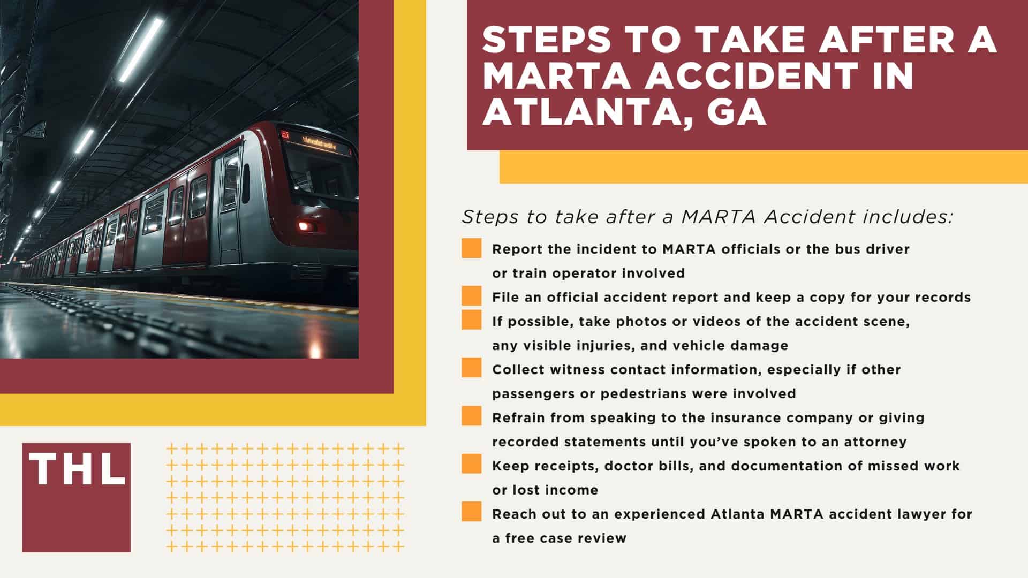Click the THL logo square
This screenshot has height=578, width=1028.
pyautogui.click(x=76, y=497)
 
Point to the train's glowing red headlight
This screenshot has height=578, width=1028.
pyautogui.click(x=305, y=226)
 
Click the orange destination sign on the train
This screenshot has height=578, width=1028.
pyautogui.click(x=319, y=142)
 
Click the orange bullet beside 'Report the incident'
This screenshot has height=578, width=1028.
pyautogui.click(x=471, y=249)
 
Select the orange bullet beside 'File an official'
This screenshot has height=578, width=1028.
pyautogui.click(x=471, y=296)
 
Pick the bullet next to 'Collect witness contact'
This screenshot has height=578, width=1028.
pyautogui.click(x=471, y=368)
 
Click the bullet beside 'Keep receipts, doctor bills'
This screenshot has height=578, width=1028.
pyautogui.click(x=471, y=464)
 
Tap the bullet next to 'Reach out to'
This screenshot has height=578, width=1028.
pyautogui.click(x=471, y=512)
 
